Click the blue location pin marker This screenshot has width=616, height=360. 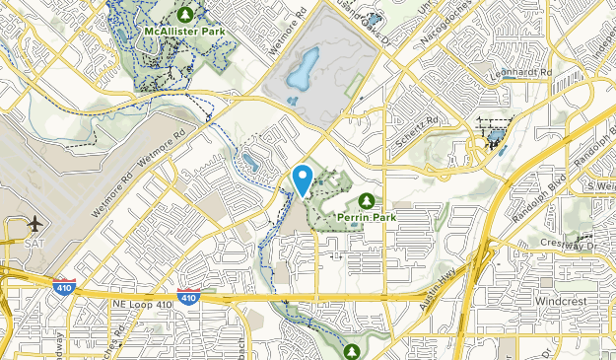(x=303, y=179)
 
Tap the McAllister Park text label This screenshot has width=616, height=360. (x=184, y=31)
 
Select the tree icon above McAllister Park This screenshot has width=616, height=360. (x=184, y=14)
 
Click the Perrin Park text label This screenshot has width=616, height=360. (x=367, y=216)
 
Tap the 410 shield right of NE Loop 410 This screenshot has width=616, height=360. (x=186, y=295)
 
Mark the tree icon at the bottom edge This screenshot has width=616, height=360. (x=352, y=350)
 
